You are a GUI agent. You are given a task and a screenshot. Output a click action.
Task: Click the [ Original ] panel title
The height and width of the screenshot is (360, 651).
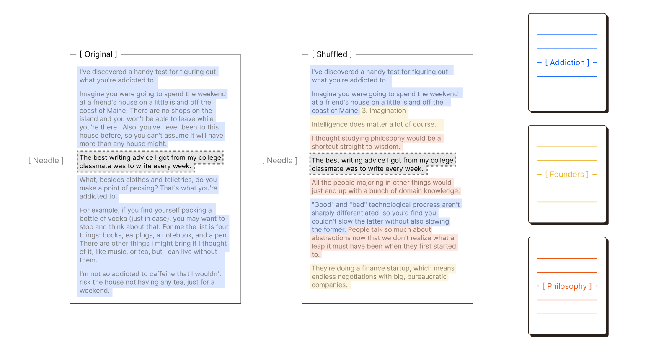(x=98, y=54)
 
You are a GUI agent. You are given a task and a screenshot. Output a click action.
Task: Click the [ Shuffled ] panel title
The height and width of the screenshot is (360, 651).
(x=332, y=54)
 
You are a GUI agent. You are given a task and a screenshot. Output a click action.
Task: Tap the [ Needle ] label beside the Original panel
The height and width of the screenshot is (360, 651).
(x=46, y=161)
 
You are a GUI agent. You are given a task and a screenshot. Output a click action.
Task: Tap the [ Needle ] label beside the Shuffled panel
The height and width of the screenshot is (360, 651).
(x=280, y=161)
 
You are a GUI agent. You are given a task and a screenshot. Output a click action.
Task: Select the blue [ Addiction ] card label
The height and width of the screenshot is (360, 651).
(x=567, y=63)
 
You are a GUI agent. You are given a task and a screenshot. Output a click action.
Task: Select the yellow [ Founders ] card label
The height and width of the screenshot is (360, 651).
(x=567, y=175)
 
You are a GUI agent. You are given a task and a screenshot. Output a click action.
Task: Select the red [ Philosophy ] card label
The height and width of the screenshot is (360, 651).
(x=567, y=286)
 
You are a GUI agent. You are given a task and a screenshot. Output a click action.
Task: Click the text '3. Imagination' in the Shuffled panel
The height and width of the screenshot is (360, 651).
(x=384, y=111)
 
